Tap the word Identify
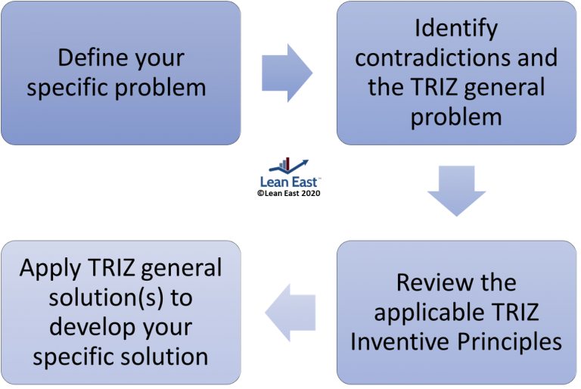[x=456, y=29]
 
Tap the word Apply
[x=48, y=268]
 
